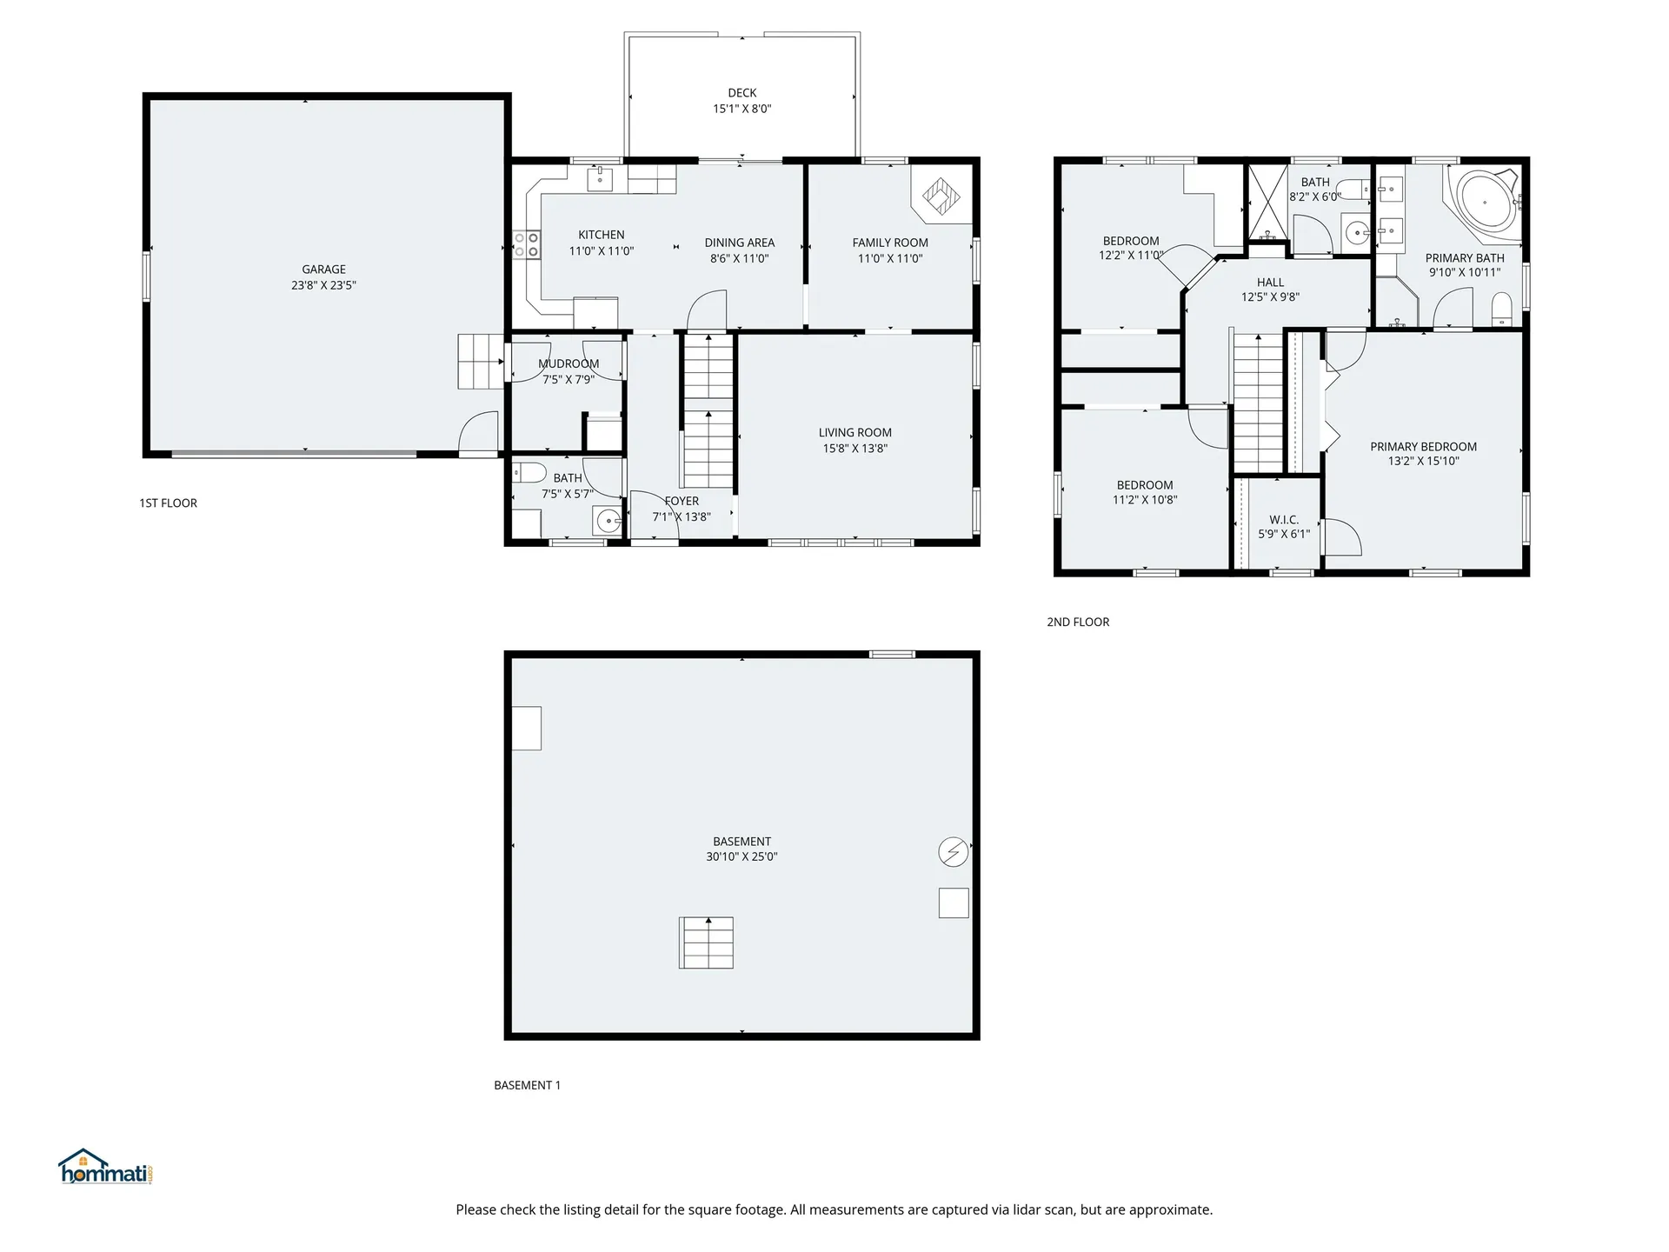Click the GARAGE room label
323,270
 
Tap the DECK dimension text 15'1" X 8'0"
741,109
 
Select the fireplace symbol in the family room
940,196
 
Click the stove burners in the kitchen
526,243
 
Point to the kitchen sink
600,179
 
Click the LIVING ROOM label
854,432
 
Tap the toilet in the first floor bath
529,473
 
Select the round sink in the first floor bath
608,522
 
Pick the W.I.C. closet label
1283,520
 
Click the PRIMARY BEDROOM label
1423,447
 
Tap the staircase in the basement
706,942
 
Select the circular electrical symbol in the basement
954,852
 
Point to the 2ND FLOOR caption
1078,622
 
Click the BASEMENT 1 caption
527,1085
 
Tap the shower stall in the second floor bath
1267,202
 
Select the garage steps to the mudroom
481,361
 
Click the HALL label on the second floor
1270,283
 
